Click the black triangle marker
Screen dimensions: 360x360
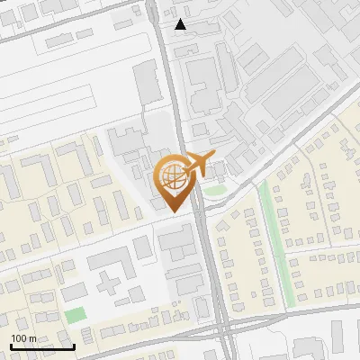181,24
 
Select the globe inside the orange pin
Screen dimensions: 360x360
171,176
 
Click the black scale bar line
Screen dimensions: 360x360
41,346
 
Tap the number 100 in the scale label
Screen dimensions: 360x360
20,338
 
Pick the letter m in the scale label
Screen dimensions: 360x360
33,338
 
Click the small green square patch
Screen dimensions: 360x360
76,316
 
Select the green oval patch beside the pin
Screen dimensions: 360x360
213,190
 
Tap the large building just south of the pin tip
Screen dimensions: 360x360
176,241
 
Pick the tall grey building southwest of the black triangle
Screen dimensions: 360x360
148,85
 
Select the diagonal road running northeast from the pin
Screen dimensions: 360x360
270,162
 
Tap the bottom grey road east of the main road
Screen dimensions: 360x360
288,310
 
